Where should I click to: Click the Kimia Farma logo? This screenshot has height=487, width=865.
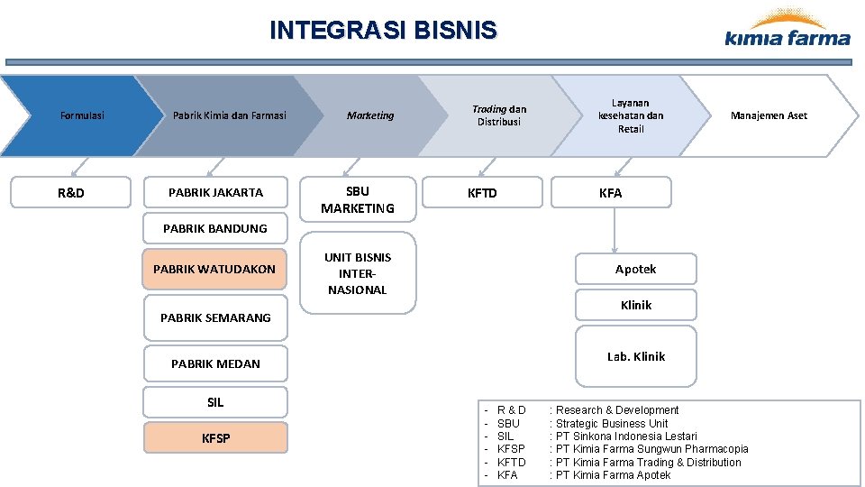787,29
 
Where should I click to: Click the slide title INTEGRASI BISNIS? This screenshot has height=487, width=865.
383,31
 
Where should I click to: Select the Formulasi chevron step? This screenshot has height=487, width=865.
81,115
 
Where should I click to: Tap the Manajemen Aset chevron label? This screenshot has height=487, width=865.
768,115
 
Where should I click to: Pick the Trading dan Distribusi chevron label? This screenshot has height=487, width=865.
499,115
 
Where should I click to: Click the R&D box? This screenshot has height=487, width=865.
70,193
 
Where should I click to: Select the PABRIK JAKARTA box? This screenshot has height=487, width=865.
215,193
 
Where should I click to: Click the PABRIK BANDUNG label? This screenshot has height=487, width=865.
214,229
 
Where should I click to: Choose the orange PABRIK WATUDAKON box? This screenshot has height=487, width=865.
214,269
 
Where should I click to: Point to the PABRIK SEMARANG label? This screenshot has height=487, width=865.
215,317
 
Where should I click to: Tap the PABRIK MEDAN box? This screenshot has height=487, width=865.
215,363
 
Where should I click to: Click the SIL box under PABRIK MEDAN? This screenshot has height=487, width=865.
215,403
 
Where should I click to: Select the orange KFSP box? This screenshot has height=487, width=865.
215,438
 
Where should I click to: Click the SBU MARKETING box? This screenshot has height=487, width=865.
358,199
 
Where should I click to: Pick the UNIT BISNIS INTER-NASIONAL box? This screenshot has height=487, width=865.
358,273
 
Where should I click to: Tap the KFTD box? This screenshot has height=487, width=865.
482,193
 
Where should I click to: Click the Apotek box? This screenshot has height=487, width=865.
635,270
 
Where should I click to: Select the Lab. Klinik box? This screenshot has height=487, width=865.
635,357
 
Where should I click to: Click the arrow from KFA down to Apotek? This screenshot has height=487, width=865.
615,230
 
